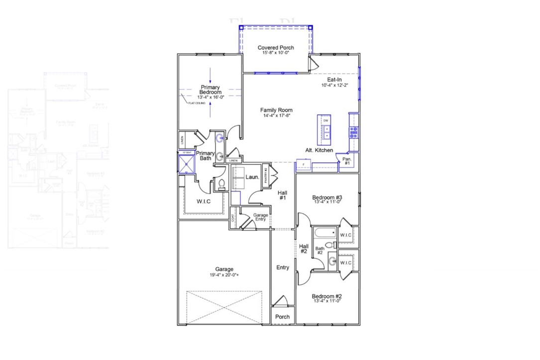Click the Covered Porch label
[x=276, y=48]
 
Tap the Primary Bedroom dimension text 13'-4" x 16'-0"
[x=210, y=97]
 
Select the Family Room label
[x=276, y=110]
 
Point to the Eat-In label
[x=334, y=80]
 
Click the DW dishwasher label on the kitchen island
[x=325, y=120]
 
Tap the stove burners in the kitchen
[x=354, y=132]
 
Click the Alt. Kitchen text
[x=319, y=150]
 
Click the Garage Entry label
[x=261, y=218]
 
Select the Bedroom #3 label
[x=326, y=197]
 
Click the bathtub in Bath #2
[x=324, y=233]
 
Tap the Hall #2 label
[x=304, y=248]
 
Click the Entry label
[x=283, y=267]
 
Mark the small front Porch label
[x=283, y=317]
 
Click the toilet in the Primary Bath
[x=221, y=185]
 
